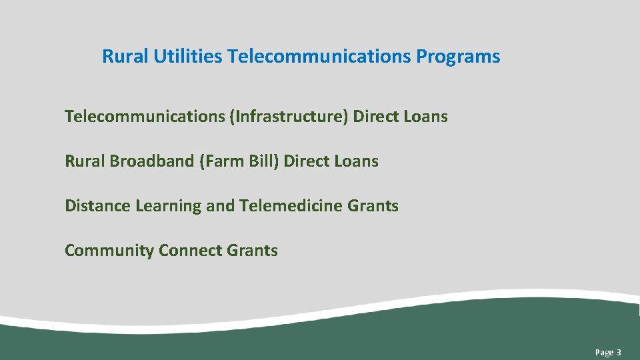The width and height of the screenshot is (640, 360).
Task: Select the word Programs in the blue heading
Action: pos(458,57)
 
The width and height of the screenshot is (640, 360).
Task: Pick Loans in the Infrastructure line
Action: pos(425,117)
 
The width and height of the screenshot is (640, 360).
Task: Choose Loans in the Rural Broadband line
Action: pos(356,161)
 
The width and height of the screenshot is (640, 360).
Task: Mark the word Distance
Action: pos(98,206)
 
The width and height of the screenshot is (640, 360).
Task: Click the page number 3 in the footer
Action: pos(619,352)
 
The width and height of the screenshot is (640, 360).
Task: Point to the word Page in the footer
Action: pos(604,352)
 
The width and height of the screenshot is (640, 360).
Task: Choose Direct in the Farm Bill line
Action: pos(307,161)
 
